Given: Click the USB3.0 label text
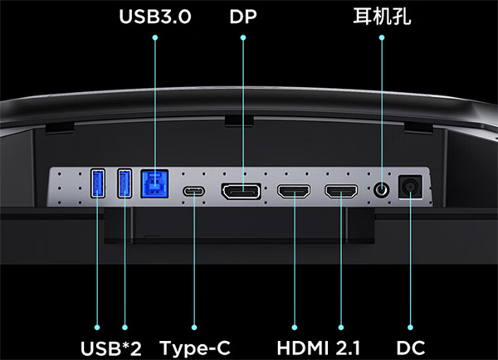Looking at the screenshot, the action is click(x=155, y=17).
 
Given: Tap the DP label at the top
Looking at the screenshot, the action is click(x=243, y=17).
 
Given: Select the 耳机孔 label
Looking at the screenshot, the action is click(x=382, y=17).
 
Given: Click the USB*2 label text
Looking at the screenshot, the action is click(x=111, y=348).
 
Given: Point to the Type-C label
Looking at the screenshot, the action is click(x=194, y=348).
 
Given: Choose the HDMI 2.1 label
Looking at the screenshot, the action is click(x=318, y=348).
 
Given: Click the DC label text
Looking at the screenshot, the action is click(x=410, y=348).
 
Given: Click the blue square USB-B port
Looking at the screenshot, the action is click(x=154, y=184).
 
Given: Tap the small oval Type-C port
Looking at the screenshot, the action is click(x=193, y=192).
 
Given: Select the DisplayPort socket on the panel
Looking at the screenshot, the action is click(x=242, y=192).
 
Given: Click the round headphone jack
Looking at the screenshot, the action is click(x=382, y=190).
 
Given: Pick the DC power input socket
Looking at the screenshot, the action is click(x=410, y=187).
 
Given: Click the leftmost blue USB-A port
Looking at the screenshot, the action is click(x=98, y=183).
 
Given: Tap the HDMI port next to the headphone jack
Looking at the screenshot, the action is click(x=341, y=192).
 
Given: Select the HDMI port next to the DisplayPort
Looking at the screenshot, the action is click(x=294, y=192).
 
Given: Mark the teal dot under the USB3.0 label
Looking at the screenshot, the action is click(x=155, y=37).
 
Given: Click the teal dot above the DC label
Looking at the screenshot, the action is click(x=410, y=328).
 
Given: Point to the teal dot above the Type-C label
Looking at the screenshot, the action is click(x=194, y=328).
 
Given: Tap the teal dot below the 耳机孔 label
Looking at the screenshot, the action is click(x=382, y=37).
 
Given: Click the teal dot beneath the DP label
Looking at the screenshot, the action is click(x=243, y=37).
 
